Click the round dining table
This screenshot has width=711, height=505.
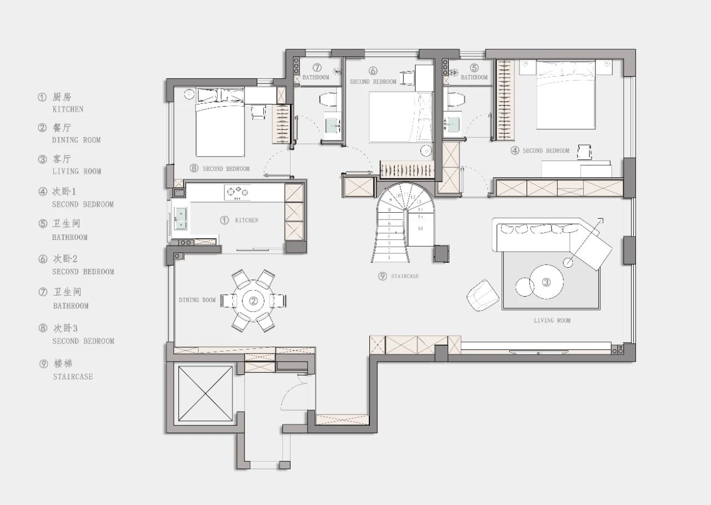coord(253,301)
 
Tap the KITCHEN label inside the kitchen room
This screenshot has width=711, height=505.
coord(247,221)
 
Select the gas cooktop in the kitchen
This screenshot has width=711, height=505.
coord(238,193)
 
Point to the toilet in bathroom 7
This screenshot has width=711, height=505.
coord(328,99)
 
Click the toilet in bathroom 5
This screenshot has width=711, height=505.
coord(456,99)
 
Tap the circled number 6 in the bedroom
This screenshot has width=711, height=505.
coord(373,71)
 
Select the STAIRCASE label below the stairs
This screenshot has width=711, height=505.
coord(405,276)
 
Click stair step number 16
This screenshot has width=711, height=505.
coord(420,228)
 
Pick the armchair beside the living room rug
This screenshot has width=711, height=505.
coord(483,296)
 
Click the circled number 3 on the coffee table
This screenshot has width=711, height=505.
coord(546,282)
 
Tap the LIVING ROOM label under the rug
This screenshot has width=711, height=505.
coord(552,321)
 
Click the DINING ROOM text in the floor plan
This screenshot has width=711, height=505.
coord(197,300)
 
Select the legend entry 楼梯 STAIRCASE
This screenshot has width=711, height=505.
coord(66,370)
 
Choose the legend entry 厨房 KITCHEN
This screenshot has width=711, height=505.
coord(61,103)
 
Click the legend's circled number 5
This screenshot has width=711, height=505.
coord(43,224)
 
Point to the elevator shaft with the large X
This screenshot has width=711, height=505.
coord(205,393)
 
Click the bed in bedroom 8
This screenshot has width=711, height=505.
coord(220,122)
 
